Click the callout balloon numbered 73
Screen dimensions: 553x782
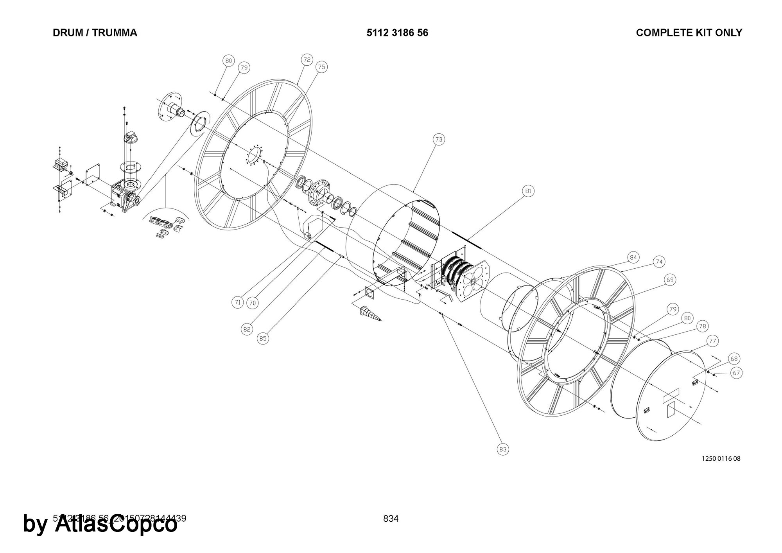coord(439,139)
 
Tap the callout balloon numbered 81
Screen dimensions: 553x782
coord(528,191)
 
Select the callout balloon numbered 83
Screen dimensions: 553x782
coord(503,449)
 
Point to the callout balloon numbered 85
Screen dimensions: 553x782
coord(263,338)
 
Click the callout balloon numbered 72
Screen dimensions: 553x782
coord(307,60)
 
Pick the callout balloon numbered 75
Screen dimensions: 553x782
coord(321,67)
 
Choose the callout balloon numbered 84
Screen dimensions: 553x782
coord(633,257)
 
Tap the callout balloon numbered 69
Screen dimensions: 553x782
coord(670,280)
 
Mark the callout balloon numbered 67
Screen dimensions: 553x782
coord(737,373)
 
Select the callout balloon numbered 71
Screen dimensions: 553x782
coord(238,302)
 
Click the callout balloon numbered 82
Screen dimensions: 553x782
coord(247,329)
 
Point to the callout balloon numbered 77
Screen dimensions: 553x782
coord(713,341)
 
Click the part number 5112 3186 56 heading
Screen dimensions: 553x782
coord(397,33)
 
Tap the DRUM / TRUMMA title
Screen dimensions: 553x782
coord(95,33)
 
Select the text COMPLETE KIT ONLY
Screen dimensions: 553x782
coord(689,33)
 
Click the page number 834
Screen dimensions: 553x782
coord(391,519)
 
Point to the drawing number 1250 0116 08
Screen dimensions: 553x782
coord(721,458)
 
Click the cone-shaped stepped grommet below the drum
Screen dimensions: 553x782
coord(369,313)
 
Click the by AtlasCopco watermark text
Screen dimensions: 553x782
coord(100,524)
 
